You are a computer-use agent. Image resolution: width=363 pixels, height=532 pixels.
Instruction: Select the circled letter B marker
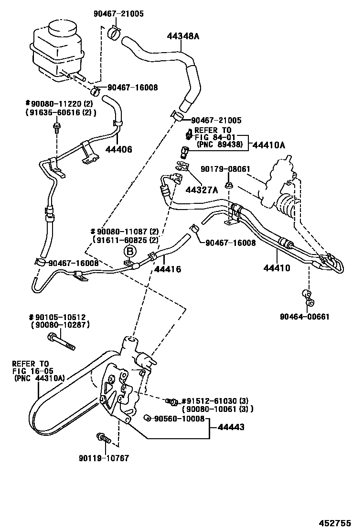(x=130, y=251)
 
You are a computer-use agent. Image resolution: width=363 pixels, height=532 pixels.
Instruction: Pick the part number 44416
(x=167, y=269)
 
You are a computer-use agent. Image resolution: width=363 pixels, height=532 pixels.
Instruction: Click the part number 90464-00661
(x=306, y=316)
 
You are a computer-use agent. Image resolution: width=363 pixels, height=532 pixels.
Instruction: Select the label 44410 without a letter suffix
(x=277, y=268)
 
